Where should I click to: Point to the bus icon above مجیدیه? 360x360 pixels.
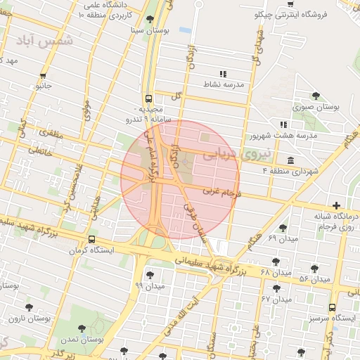(x=148, y=99)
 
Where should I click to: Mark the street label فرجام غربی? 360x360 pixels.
(x=222, y=191)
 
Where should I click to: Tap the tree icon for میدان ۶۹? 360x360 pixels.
(x=283, y=228)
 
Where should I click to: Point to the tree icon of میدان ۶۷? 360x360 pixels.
(x=276, y=288)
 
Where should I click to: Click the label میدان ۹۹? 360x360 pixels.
(x=149, y=286)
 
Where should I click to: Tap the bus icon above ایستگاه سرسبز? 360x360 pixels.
(x=332, y=307)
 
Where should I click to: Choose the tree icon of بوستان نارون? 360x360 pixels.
(x=29, y=307)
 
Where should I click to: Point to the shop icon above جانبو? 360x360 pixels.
(x=44, y=75)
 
